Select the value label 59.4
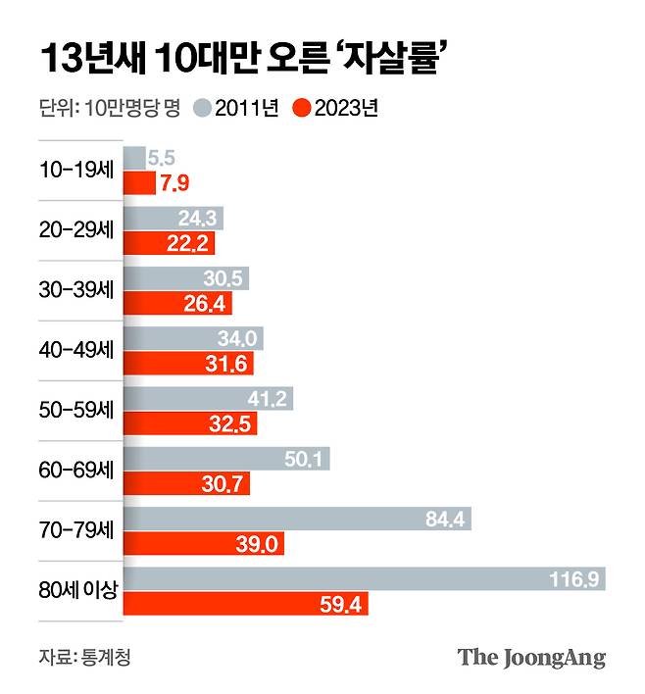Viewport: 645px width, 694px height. click(x=343, y=605)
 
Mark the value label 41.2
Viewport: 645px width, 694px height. click(x=268, y=398)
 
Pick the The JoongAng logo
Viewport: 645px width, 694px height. click(x=530, y=657)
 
